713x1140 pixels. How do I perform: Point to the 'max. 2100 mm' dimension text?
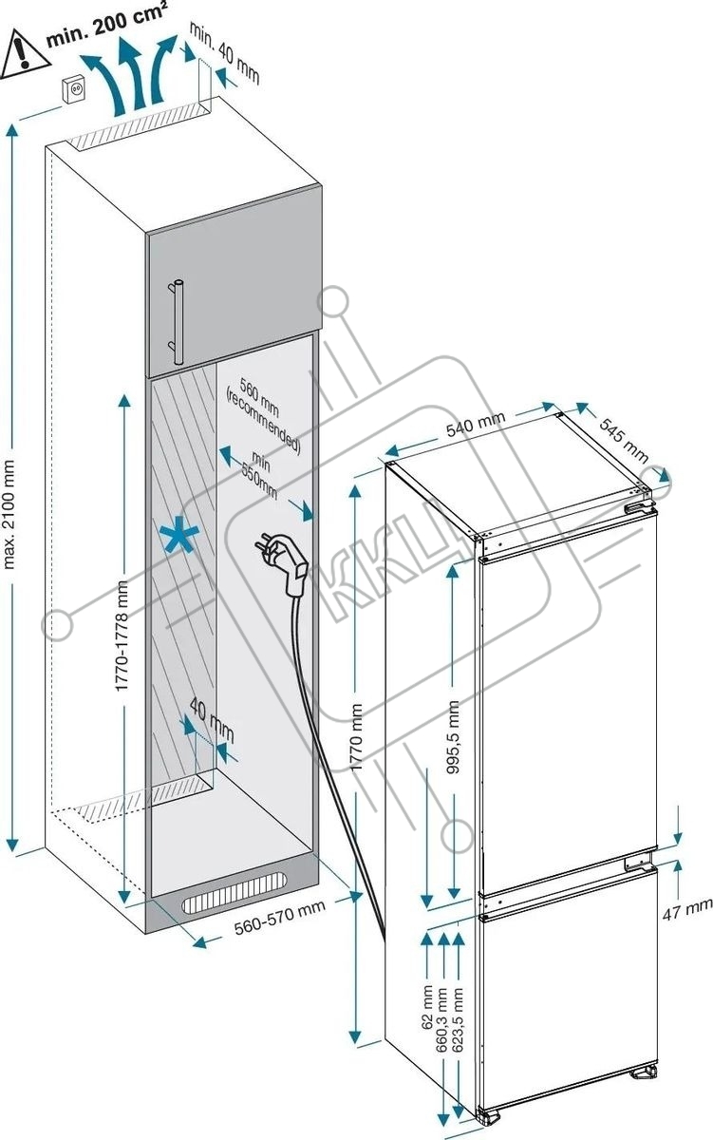point(9,514)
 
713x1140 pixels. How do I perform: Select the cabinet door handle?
point(177,322)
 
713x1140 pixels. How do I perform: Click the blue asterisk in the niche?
point(178,534)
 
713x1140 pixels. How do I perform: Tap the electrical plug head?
point(282,560)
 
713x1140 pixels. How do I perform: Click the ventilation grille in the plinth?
point(234,893)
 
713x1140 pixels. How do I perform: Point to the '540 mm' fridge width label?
point(476,424)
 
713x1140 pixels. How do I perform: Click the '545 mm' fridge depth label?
point(623,440)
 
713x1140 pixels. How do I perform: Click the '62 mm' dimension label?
point(426,1007)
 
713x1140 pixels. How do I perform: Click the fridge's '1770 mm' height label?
point(357,731)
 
